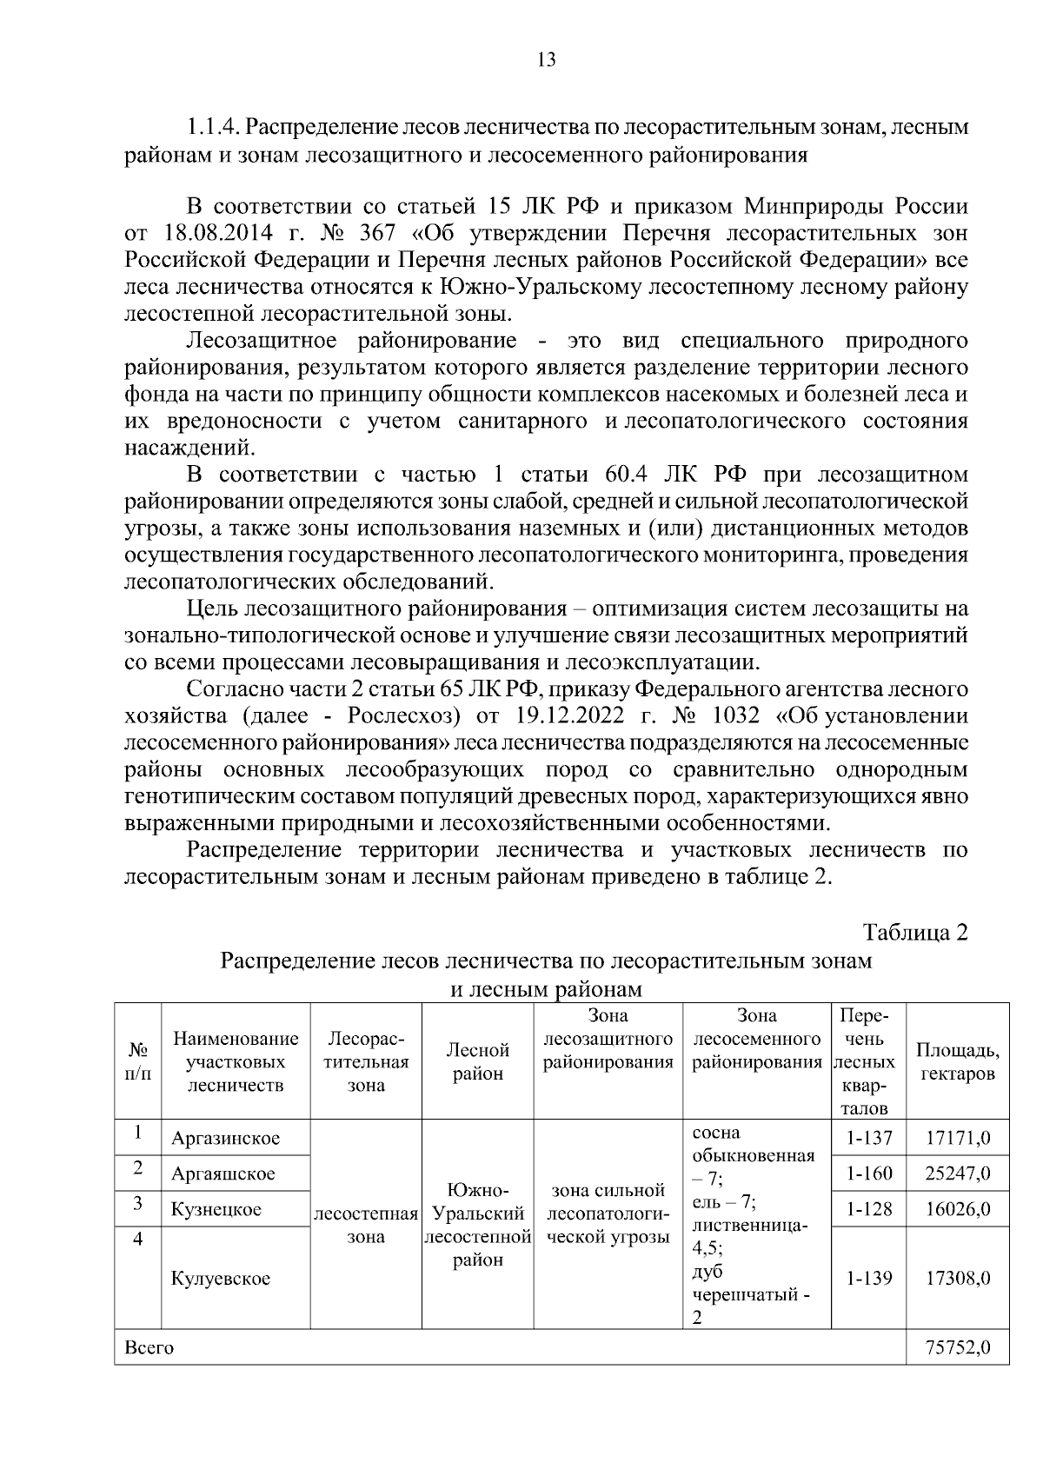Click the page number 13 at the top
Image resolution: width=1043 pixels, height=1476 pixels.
pyautogui.click(x=547, y=59)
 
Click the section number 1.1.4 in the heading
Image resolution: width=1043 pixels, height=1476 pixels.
pyautogui.click(x=212, y=128)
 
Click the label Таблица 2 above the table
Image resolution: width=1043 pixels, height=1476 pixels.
pyautogui.click(x=914, y=932)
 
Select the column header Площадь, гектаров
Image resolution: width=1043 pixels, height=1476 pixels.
pyautogui.click(x=957, y=1061)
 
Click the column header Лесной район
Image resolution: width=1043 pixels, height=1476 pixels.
pyautogui.click(x=477, y=1061)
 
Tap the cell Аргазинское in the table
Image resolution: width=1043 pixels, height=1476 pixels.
pyautogui.click(x=225, y=1138)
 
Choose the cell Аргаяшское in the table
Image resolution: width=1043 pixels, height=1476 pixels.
pyautogui.click(x=223, y=1173)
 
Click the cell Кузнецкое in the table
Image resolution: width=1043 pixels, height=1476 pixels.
pyautogui.click(x=216, y=1209)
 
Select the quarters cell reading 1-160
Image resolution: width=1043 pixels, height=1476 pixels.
pyautogui.click(x=868, y=1173)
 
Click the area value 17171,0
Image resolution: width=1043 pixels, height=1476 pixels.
pyautogui.click(x=958, y=1138)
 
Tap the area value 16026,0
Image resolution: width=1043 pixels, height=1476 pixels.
pyautogui.click(x=958, y=1209)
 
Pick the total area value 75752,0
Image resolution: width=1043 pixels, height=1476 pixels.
pyautogui.click(x=958, y=1347)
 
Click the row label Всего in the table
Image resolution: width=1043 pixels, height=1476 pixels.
pyautogui.click(x=149, y=1347)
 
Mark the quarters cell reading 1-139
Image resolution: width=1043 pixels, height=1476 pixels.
pyautogui.click(x=868, y=1279)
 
